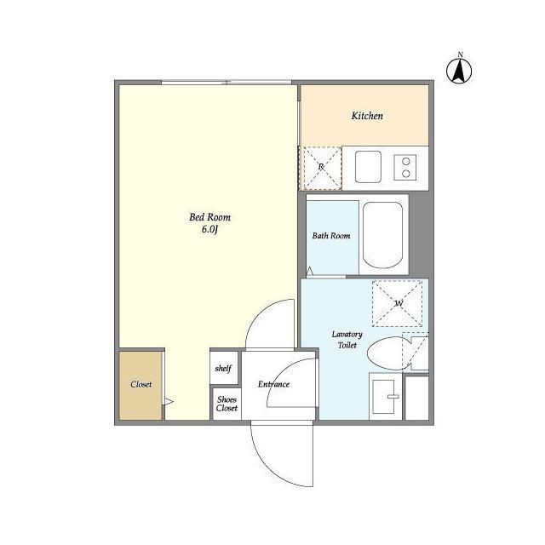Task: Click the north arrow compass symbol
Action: point(459,71)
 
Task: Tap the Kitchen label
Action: point(367,116)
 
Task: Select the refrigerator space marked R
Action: point(322,168)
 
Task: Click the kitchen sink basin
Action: point(368,167)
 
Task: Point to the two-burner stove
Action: point(405,168)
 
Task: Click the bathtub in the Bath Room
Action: point(382,235)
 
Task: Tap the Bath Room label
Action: point(331,236)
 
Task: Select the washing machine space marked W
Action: point(398,303)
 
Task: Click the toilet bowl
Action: point(388,353)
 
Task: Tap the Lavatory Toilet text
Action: point(347,340)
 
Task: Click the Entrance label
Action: point(273,384)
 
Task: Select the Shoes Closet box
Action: point(227,404)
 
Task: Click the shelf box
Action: point(224,368)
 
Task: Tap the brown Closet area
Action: point(141,386)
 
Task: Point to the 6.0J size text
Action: point(209,229)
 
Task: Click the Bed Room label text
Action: point(210,217)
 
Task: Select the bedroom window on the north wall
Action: point(227,83)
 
